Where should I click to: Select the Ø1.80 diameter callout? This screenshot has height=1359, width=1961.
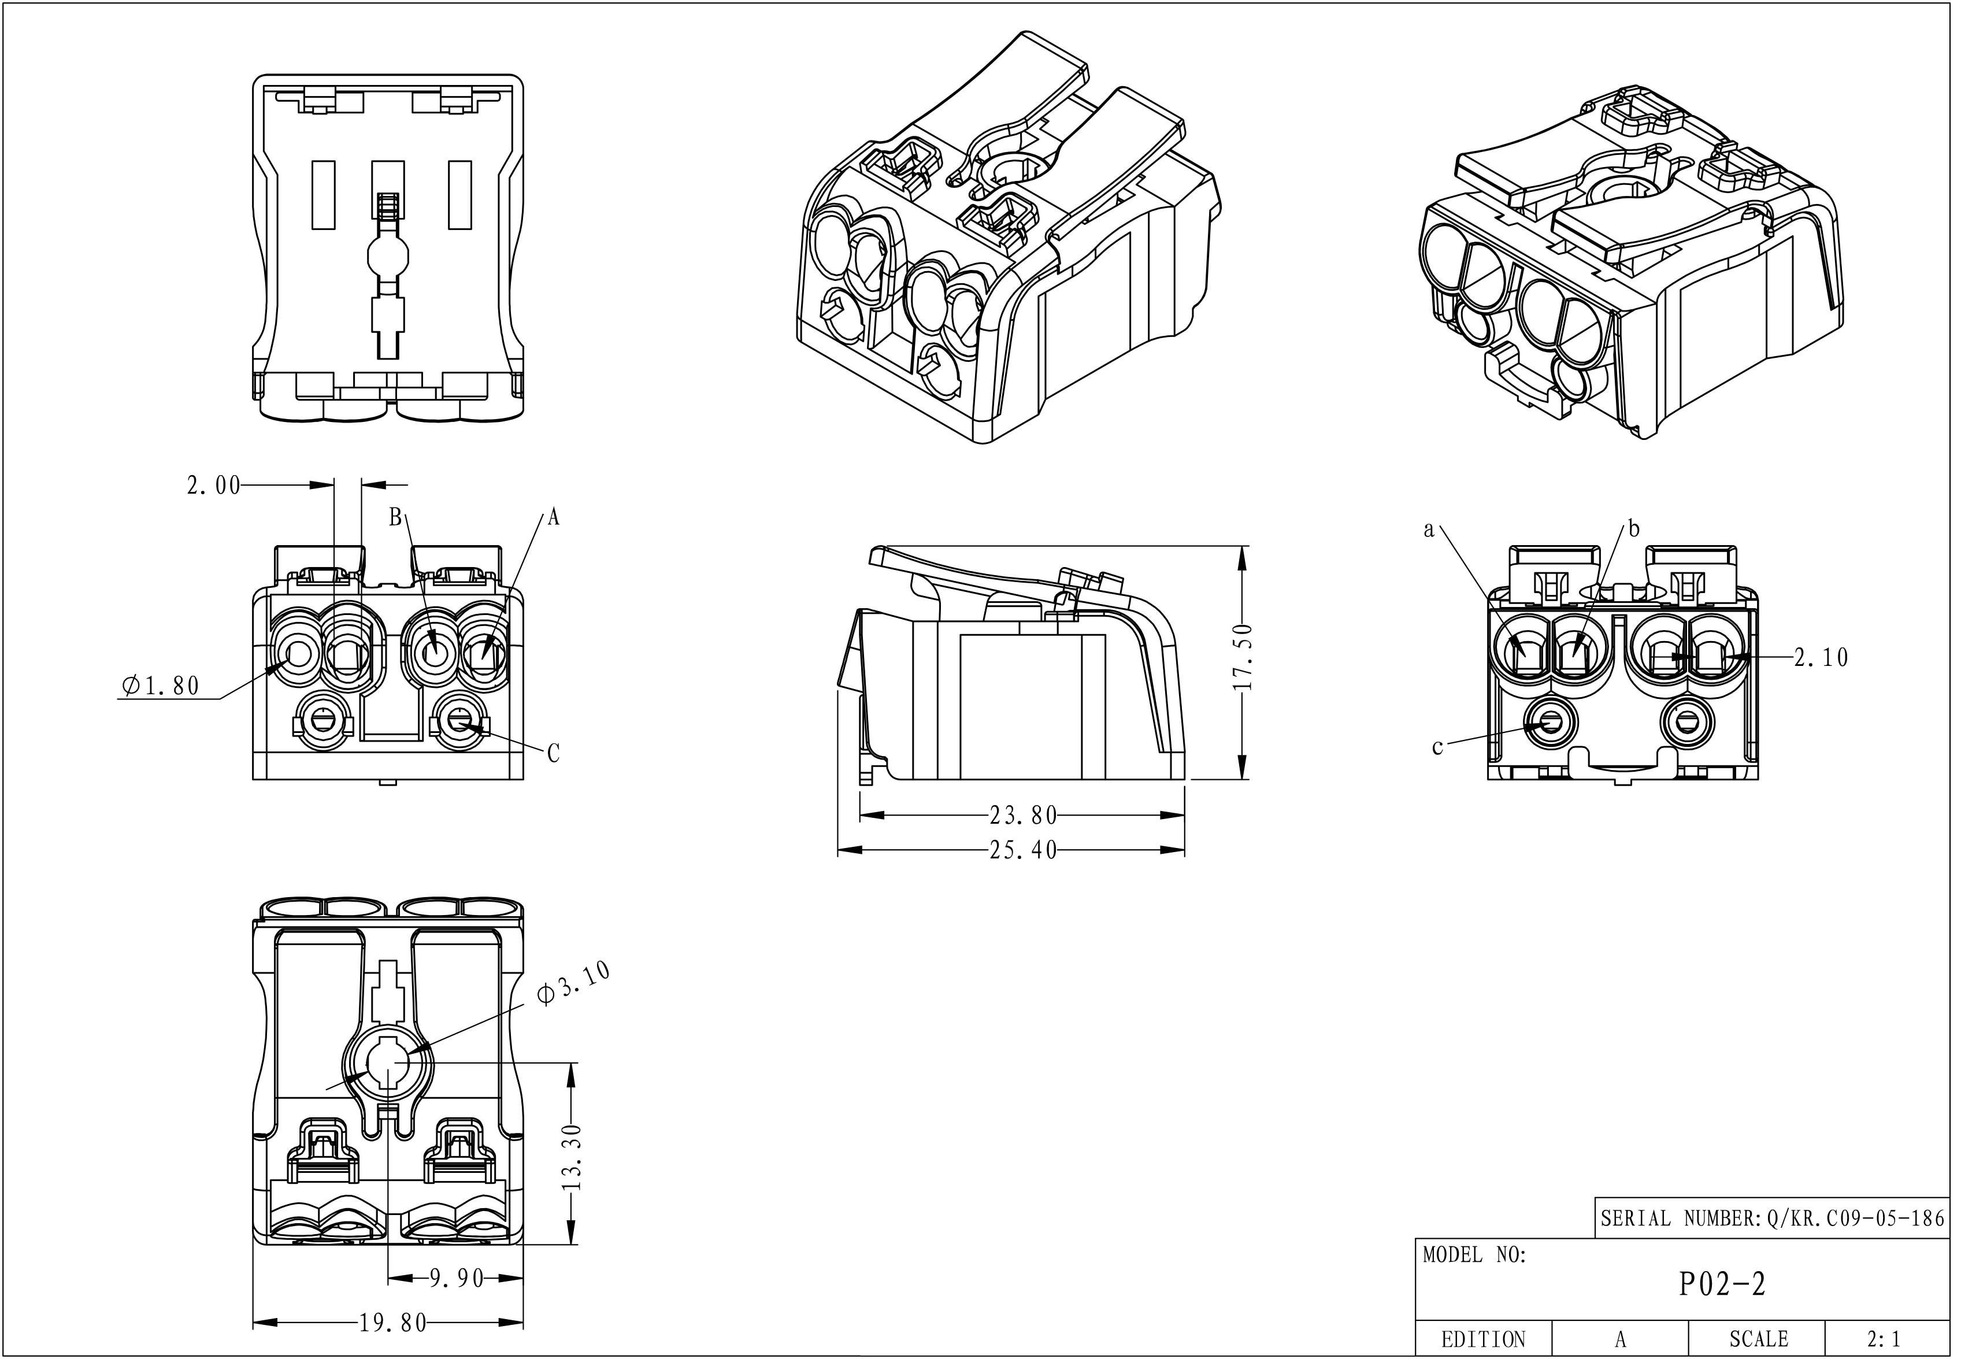pos(161,686)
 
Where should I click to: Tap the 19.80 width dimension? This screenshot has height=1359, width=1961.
pos(392,1323)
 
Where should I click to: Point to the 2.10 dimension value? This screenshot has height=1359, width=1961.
pos(1821,657)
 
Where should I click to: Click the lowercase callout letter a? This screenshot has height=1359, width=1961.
pos(1429,531)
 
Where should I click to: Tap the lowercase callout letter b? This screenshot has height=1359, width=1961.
pos(1633,529)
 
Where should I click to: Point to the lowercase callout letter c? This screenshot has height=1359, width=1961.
pos(1437,747)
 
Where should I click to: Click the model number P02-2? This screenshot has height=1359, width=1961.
pos(1722,1284)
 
